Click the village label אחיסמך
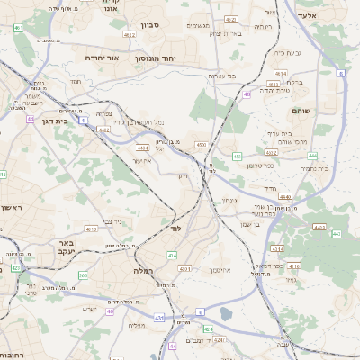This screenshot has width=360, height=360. pyautogui.click(x=221, y=269)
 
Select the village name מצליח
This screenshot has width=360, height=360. pyautogui.click(x=137, y=325)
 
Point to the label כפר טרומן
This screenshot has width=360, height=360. pyautogui.click(x=261, y=166)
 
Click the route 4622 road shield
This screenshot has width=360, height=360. pyautogui.click(x=130, y=35)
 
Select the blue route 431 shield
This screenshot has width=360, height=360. pyautogui.click(x=159, y=317)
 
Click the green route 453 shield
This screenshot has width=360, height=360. pyautogui.click(x=238, y=157)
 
